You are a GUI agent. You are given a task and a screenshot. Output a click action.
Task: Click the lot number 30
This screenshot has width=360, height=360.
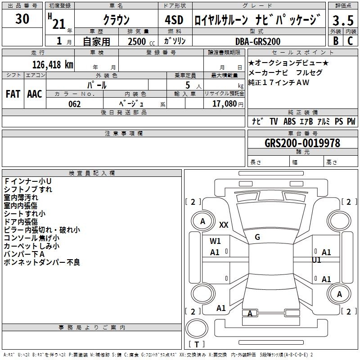click(22, 18)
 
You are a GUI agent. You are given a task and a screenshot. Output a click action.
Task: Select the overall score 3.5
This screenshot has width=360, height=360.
click(343, 20)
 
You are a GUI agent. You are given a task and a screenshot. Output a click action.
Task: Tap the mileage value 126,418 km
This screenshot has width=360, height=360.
click(53, 65)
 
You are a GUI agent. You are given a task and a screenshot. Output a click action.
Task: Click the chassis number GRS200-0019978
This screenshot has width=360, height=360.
click(302, 143)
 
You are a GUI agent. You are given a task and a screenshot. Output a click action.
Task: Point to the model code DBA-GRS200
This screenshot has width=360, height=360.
click(258, 41)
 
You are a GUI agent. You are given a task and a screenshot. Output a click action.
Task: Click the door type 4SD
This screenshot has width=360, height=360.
click(174, 20)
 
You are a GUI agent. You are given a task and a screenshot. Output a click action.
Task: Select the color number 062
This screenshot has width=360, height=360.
click(74, 104)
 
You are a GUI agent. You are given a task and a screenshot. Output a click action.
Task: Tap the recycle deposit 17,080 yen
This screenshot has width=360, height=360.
click(228, 104)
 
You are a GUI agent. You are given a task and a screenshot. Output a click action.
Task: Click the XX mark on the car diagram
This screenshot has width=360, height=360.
click(224, 225)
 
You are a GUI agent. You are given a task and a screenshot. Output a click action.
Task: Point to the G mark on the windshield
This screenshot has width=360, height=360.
click(257, 237)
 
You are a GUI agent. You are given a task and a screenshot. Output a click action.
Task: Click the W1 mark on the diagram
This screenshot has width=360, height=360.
click(215, 241)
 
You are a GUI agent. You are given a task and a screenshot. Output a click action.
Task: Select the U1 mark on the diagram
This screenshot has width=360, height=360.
click(316, 260)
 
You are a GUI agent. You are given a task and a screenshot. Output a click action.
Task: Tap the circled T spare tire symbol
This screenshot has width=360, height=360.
click(197, 328)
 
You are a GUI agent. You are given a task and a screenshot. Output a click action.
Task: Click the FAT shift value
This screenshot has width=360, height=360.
click(13, 94)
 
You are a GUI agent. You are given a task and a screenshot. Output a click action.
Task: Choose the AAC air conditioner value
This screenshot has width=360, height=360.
click(35, 94)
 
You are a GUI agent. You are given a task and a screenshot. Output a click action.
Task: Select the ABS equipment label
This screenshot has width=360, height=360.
click(289, 121)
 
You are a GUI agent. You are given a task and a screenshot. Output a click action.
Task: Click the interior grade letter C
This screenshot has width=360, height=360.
click(350, 41)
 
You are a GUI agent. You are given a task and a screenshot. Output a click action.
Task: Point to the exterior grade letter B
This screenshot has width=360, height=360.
click(336, 41)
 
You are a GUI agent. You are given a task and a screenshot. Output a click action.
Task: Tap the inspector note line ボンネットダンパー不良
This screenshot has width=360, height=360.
click(42, 262)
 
